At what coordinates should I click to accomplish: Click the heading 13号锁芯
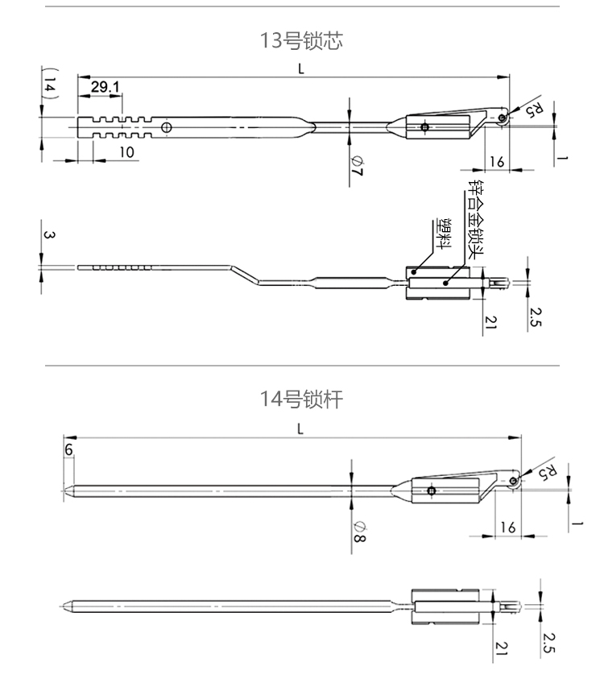(301, 40)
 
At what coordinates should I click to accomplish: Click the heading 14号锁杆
(301, 398)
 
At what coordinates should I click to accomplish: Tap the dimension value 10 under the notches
(126, 151)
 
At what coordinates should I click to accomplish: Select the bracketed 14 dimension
(50, 85)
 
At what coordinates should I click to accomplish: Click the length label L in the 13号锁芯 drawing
(300, 69)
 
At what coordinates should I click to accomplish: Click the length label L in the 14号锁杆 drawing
(300, 428)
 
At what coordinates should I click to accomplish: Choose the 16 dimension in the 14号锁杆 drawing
(507, 527)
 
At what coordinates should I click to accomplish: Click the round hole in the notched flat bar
(166, 127)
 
